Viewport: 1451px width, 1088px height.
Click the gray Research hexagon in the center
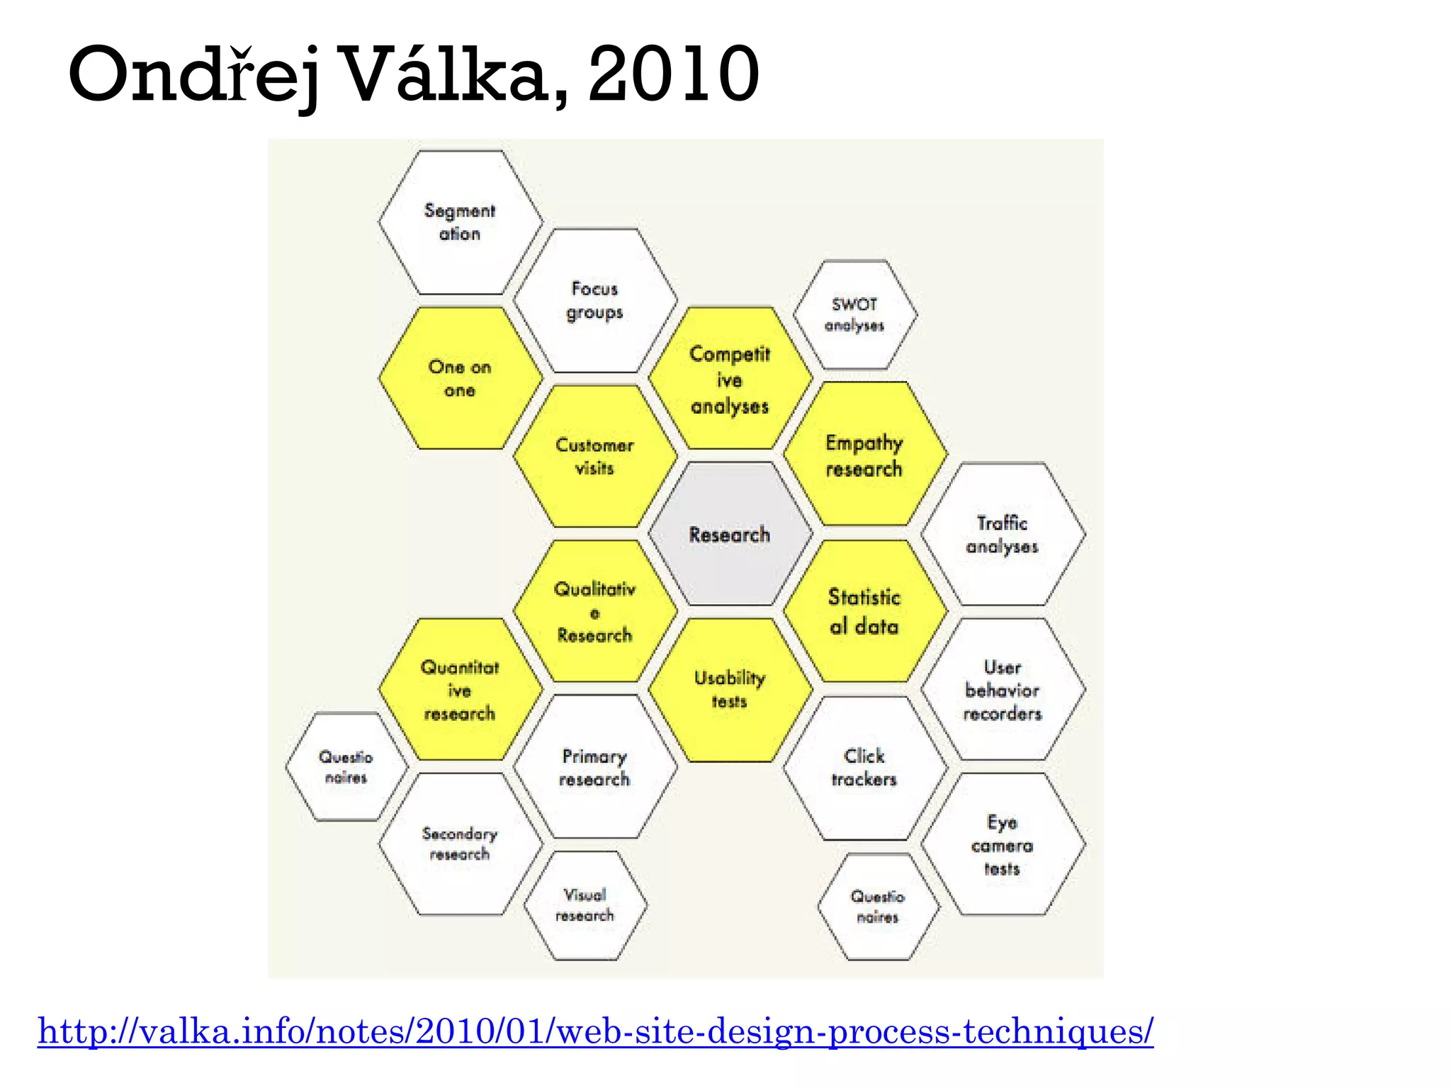(x=730, y=534)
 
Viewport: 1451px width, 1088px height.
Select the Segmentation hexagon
(x=460, y=222)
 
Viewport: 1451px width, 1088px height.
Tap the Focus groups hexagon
(x=594, y=300)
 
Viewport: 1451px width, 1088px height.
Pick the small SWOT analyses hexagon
(x=854, y=314)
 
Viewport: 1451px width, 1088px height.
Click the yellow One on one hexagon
(x=460, y=378)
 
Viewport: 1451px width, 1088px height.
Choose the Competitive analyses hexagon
(x=730, y=379)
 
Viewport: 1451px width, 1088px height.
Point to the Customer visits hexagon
(x=594, y=456)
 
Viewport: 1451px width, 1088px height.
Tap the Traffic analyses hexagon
(x=1003, y=534)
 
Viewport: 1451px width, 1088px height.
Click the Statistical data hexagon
(x=864, y=611)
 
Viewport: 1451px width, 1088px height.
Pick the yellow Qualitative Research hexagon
(x=594, y=611)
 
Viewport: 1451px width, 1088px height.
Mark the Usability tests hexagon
(x=730, y=689)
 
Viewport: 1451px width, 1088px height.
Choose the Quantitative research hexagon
(x=460, y=689)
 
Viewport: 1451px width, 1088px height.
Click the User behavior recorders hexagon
(x=1003, y=689)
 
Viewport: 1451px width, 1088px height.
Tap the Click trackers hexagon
(x=864, y=767)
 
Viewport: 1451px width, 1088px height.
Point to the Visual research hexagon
(x=585, y=905)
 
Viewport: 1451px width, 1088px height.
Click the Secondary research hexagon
(x=460, y=844)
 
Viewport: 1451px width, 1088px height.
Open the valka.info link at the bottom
(x=595, y=1031)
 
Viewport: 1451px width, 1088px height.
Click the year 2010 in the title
(x=673, y=74)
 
